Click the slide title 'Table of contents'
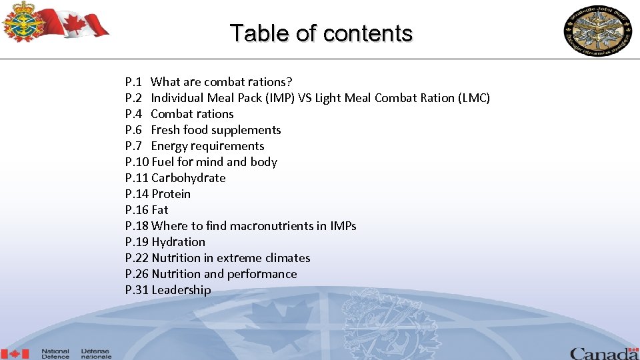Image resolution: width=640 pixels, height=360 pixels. pyautogui.click(x=321, y=33)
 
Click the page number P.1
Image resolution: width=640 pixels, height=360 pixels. pyautogui.click(x=133, y=82)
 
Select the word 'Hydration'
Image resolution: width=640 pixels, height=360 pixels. pyautogui.click(x=178, y=242)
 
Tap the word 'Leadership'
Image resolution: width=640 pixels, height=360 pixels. pyautogui.click(x=181, y=290)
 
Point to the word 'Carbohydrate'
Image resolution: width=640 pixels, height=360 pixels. pyautogui.click(x=189, y=178)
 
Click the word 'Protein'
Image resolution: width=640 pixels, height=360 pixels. pyautogui.click(x=171, y=194)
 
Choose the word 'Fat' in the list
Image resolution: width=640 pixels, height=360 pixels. pyautogui.click(x=160, y=210)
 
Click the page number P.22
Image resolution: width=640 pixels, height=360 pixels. pyautogui.click(x=137, y=258)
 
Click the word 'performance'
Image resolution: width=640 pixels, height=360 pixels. pyautogui.click(x=262, y=274)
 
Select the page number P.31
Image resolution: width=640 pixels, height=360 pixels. pyautogui.click(x=137, y=290)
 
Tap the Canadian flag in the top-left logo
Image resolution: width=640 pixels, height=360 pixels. pyautogui.click(x=83, y=21)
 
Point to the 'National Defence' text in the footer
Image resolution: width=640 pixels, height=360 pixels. pyautogui.click(x=55, y=353)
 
